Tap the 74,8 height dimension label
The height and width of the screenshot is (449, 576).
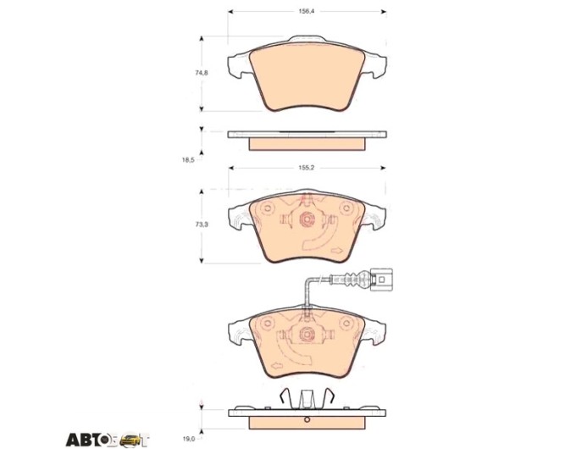tap(202, 73)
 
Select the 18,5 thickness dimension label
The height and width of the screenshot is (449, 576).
tap(188, 160)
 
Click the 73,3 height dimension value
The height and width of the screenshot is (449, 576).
tap(202, 224)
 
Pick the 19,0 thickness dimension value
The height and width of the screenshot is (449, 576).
tap(188, 438)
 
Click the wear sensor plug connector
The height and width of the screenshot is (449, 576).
tap(381, 280)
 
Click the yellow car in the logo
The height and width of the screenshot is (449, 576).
tap(130, 440)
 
